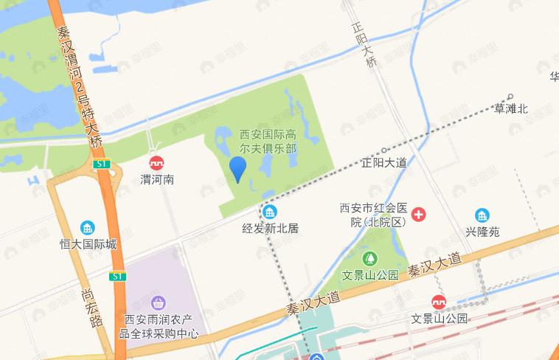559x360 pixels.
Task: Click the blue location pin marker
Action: (x=237, y=169)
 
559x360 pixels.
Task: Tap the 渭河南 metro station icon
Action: (x=156, y=163)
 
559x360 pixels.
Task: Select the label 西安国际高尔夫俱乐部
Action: (x=268, y=141)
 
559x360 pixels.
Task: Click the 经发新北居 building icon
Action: (x=270, y=212)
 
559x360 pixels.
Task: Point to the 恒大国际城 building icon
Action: (x=88, y=227)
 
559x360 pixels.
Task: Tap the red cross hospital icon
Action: (x=419, y=215)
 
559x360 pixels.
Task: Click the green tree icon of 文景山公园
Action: (x=370, y=259)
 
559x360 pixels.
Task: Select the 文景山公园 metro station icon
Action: (x=439, y=302)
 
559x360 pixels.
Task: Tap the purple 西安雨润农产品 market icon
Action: (x=159, y=302)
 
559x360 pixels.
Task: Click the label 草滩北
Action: (x=511, y=109)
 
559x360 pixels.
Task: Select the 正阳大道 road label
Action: (x=384, y=163)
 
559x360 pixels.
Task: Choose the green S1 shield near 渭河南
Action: (x=102, y=163)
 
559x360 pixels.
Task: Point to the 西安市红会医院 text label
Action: (x=372, y=215)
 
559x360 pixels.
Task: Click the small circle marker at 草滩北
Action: (x=510, y=97)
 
